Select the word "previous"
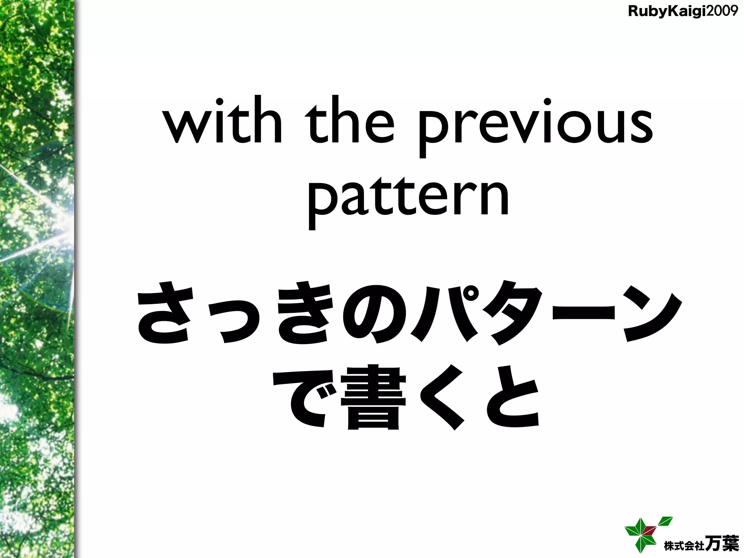pos(535,125)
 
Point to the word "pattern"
pos(408,198)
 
